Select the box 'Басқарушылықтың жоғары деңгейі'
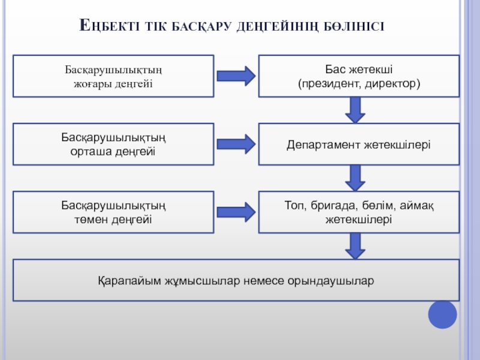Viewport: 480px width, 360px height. click(113, 76)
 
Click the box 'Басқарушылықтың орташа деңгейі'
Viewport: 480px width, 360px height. click(113, 144)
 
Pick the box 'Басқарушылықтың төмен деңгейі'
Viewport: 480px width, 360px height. click(113, 212)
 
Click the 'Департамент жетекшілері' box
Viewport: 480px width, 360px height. click(359, 145)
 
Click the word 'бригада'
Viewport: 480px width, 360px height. click(332, 206)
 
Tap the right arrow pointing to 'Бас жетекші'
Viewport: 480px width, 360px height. click(236, 76)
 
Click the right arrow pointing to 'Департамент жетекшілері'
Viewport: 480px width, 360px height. click(236, 144)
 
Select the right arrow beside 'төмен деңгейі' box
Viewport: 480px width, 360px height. click(236, 212)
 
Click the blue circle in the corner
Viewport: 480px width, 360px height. click(443, 314)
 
